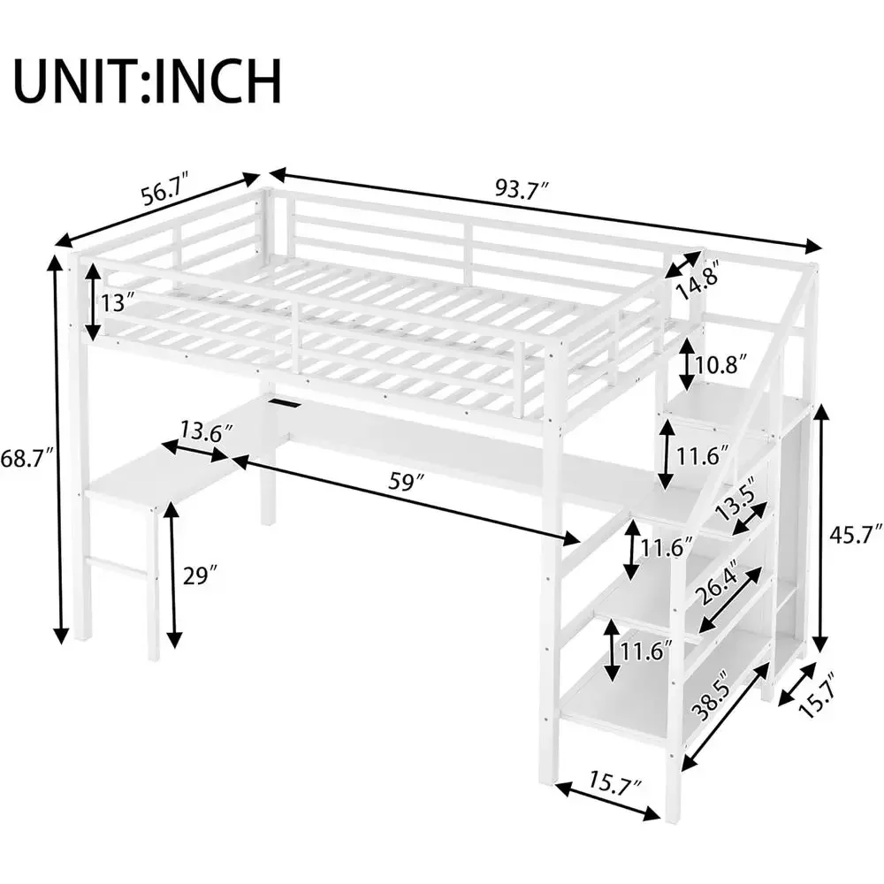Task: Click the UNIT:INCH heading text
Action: pos(148,80)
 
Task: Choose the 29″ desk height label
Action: pos(200,575)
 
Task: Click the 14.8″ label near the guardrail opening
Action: pos(698,279)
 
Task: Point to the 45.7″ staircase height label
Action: pos(856,533)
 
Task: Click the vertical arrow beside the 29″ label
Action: pos(174,575)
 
